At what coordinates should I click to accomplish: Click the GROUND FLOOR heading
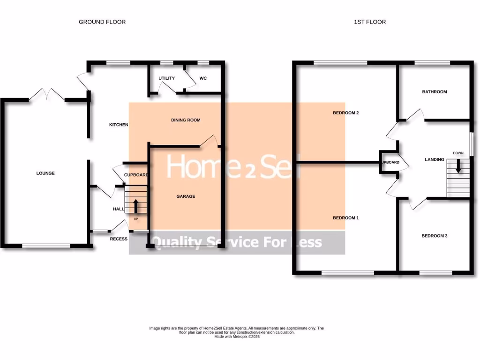102,22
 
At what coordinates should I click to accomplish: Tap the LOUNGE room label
45,173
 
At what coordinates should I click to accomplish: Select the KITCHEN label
119,125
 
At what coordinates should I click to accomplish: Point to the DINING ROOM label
186,120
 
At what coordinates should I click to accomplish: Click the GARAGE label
186,196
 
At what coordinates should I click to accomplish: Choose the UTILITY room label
166,78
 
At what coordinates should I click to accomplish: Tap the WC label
203,78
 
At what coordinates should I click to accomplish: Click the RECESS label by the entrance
119,239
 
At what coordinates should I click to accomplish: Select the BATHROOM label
435,92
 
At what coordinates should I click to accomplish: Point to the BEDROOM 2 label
345,113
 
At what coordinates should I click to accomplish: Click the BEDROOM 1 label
345,218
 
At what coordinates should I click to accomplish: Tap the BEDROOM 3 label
435,236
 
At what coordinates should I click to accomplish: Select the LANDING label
435,159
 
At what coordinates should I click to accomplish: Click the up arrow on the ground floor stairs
136,206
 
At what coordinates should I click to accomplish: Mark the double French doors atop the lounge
47,95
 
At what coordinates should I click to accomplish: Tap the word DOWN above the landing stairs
458,153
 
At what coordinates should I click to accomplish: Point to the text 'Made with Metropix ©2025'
237,337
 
